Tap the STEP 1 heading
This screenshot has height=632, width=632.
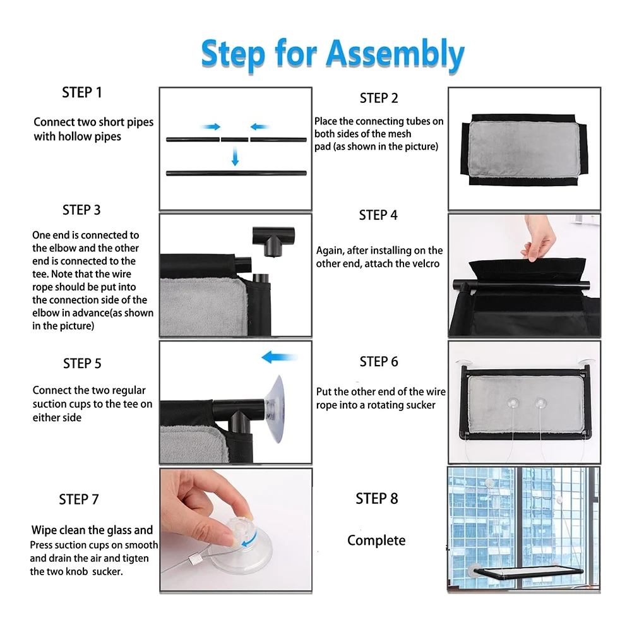click(x=82, y=93)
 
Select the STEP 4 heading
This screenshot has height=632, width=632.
click(x=378, y=215)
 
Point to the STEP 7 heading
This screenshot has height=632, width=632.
click(x=78, y=499)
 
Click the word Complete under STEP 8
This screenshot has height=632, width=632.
click(x=376, y=540)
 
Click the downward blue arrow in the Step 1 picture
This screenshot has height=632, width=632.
click(x=235, y=157)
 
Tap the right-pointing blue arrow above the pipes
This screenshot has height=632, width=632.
click(x=211, y=126)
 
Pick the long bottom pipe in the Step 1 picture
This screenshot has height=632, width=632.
click(x=236, y=174)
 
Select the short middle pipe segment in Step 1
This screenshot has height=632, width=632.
click(x=235, y=140)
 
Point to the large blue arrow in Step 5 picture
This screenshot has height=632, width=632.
click(x=279, y=357)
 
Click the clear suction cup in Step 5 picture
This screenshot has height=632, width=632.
click(x=275, y=408)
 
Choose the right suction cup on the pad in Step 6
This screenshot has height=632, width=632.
click(x=540, y=403)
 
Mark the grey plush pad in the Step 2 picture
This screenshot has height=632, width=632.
click(x=525, y=149)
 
